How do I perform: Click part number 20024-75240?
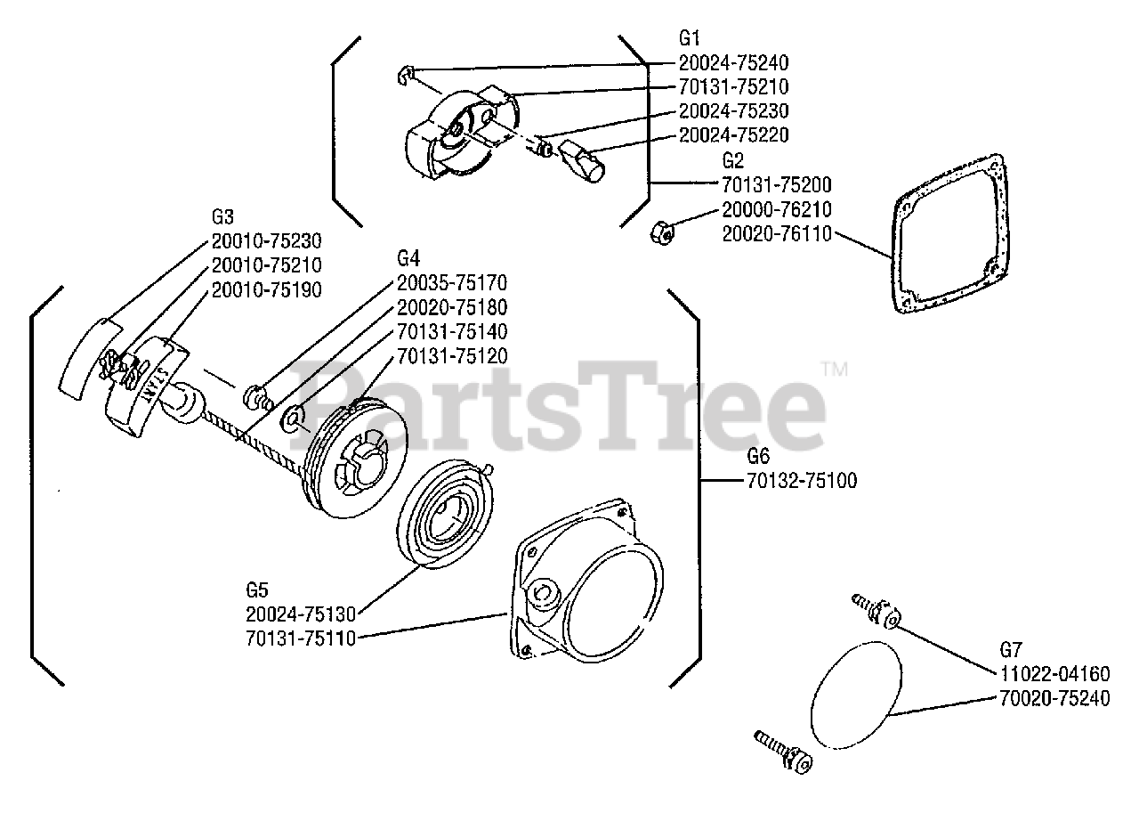coord(733,63)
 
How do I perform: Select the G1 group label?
coord(690,38)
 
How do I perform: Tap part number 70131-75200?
coord(777,185)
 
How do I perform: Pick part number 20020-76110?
coord(777,233)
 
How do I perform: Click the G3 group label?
coord(222,217)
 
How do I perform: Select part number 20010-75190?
coord(267,289)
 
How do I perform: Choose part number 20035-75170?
coord(452,284)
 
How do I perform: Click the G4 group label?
coord(408,259)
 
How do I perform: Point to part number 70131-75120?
coord(452,356)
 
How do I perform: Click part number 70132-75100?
coord(802,481)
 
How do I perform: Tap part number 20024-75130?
coord(301,614)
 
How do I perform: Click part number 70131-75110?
coord(301,638)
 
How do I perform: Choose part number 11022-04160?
coord(1054,674)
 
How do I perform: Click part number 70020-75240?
coord(1054,699)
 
